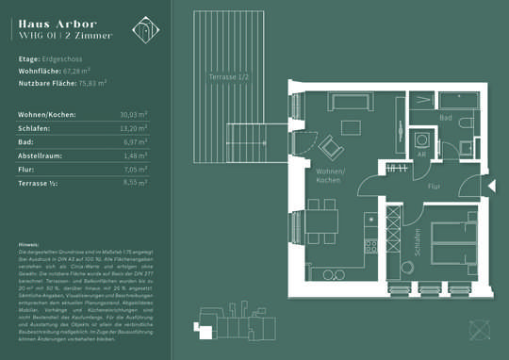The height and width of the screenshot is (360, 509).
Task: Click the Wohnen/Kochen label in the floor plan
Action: [330, 175]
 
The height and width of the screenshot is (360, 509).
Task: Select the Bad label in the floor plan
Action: [446, 118]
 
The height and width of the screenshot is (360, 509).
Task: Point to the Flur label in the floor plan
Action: [434, 187]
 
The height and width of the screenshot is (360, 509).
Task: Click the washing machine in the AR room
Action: [422, 138]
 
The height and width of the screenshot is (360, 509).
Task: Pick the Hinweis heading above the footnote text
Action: [28, 244]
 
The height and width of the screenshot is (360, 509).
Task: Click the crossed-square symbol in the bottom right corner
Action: [482, 331]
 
